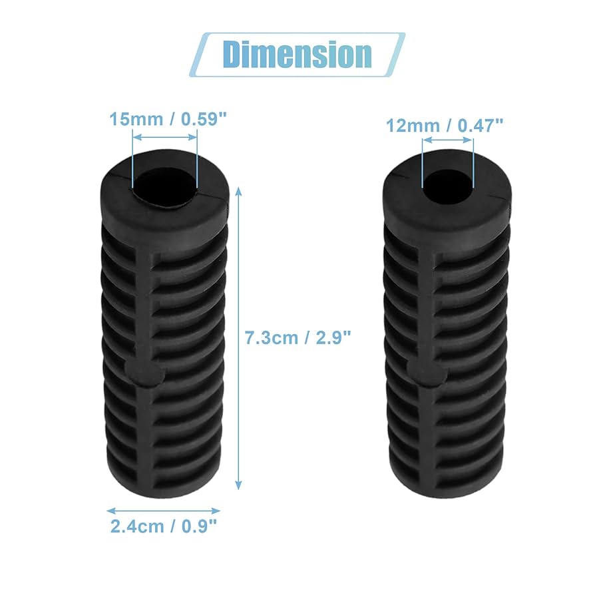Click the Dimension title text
pos(297,53)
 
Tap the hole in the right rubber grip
pos(447,181)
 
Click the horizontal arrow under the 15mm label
pos(165,137)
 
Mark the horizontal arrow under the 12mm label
pos(447,140)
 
